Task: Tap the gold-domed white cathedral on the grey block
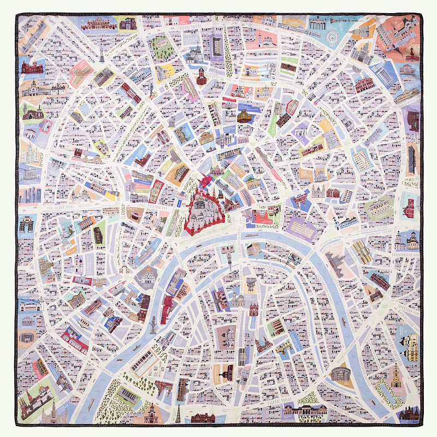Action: [x=146, y=276]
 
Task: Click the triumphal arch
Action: [x=26, y=224]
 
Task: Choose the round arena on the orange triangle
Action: [x=339, y=374]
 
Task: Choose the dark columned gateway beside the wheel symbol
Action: [x=317, y=24]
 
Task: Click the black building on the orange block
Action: [x=98, y=235]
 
